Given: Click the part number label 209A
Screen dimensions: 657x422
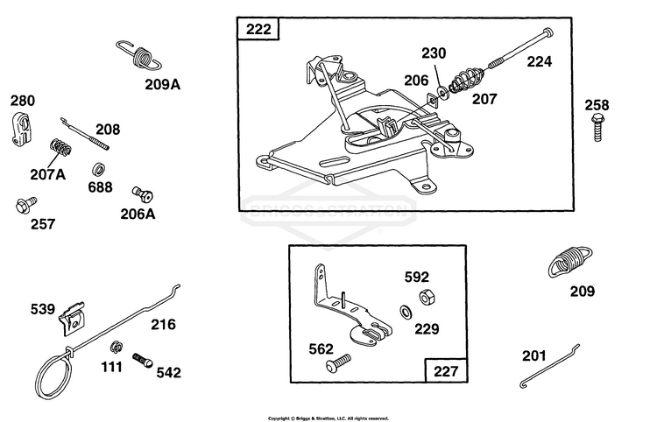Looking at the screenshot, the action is (163, 85).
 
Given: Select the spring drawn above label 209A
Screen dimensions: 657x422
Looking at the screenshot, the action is (139, 56).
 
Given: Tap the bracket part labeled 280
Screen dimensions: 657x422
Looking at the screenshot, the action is (19, 129).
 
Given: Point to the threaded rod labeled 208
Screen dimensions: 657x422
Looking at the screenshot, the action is (85, 134).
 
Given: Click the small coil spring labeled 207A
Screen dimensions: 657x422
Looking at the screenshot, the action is (60, 147).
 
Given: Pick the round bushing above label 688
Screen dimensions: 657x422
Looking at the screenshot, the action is (98, 170).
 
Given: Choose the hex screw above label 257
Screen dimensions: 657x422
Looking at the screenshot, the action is (26, 205).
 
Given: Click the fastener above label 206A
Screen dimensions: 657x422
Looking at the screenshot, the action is (143, 194).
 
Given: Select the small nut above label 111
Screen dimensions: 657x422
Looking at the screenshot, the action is (116, 347).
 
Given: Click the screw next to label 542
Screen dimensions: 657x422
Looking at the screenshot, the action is (143, 361).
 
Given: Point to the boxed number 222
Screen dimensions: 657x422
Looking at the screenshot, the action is (258, 29).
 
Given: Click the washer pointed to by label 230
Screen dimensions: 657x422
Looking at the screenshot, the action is (443, 93).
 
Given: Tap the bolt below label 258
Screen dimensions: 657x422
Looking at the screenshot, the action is (598, 128).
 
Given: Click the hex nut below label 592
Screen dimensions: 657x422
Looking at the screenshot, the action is (427, 298).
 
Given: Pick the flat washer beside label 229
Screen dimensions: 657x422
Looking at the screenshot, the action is (406, 312).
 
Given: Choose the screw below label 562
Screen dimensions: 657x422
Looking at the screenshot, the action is (338, 363).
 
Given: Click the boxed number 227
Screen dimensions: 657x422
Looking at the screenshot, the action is (445, 371).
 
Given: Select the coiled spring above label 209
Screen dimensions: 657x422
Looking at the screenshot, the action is (570, 261).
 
